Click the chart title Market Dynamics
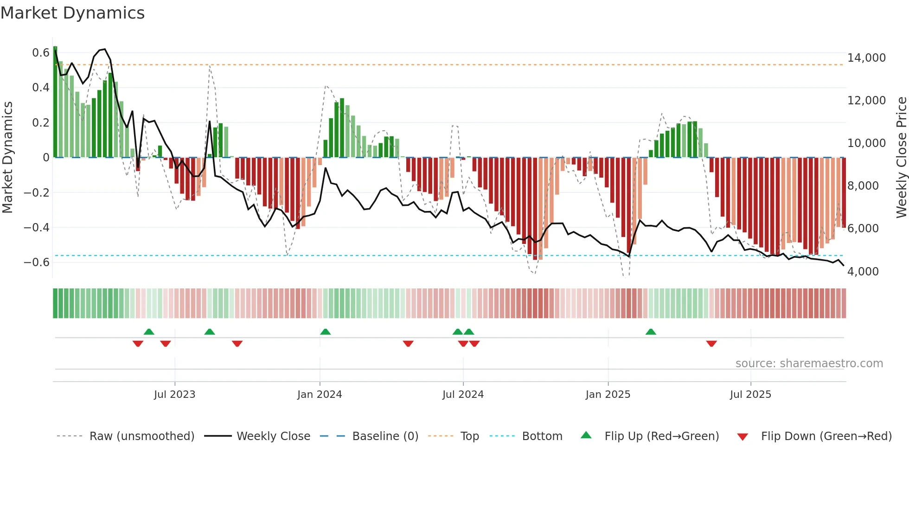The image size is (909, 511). [72, 13]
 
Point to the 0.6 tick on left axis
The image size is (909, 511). [41, 53]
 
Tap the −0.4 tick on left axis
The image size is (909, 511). [37, 227]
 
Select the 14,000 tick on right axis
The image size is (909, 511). [866, 58]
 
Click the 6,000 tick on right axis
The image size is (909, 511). [863, 229]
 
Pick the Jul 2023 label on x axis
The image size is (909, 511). [175, 395]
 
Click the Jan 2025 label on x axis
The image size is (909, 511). [608, 395]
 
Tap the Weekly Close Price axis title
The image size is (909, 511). [901, 158]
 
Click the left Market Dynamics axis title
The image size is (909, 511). [7, 158]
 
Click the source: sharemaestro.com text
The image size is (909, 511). [809, 364]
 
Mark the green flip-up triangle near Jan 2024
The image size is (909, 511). [325, 332]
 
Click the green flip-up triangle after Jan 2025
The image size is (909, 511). [651, 332]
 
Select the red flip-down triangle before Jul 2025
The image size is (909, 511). [711, 344]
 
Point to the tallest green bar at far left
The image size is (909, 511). [55, 102]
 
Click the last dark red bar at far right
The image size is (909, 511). [844, 192]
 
